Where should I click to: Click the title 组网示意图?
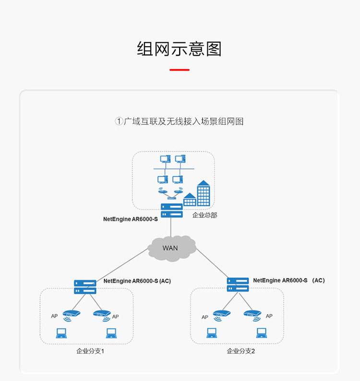[179, 49]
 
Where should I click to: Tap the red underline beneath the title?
[180, 70]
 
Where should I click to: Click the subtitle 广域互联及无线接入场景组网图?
[183, 122]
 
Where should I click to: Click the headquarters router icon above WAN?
[171, 210]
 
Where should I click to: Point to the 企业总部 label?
[204, 215]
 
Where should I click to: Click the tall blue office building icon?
[204, 193]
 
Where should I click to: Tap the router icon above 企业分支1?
[85, 287]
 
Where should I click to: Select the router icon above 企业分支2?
[238, 284]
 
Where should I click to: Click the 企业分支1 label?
[90, 351]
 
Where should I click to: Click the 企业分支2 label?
[241, 351]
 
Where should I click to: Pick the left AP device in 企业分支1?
[71, 314]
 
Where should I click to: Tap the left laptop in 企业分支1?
[61, 332]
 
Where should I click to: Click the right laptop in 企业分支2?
[261, 332]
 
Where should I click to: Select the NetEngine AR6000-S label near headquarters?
[130, 219]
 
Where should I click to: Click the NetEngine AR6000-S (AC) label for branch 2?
[288, 280]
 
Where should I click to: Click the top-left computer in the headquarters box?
[165, 159]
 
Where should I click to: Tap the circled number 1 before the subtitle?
[119, 122]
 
